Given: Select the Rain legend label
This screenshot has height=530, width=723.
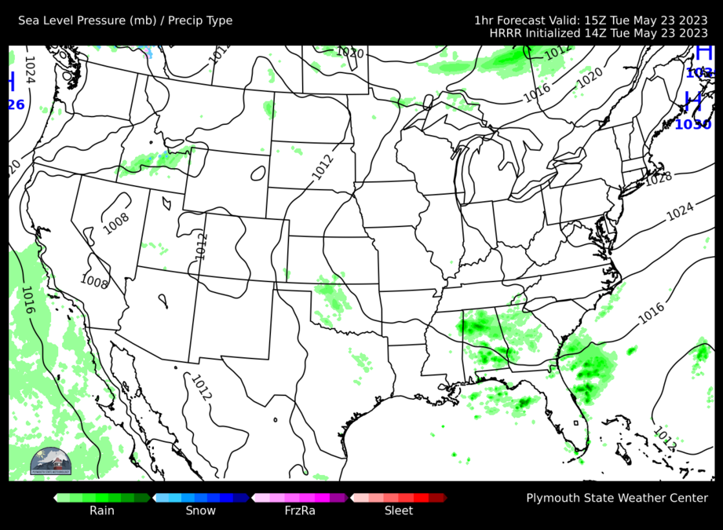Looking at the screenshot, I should tap(101, 510).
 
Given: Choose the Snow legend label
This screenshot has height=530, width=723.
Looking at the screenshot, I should tap(200, 510).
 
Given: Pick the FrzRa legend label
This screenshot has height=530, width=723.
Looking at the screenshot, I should tap(299, 510).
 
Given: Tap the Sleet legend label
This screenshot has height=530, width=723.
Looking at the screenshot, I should tap(399, 510).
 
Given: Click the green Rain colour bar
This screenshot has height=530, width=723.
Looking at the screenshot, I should tap(102, 497).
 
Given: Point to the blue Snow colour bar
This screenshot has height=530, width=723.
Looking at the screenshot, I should tap(201, 497).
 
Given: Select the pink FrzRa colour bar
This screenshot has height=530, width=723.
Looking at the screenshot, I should tap(300, 497).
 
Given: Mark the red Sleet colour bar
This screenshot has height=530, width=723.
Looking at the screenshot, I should tap(399, 497).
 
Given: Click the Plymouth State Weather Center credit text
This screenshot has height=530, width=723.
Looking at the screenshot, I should tap(617, 498).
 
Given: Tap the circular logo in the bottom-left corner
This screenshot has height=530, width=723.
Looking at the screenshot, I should tap(50, 462).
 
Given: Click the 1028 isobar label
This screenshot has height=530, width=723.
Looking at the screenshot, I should tap(658, 178).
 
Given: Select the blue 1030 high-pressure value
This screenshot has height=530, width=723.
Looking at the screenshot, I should tap(692, 124).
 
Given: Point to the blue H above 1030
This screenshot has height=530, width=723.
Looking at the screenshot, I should tap(692, 101).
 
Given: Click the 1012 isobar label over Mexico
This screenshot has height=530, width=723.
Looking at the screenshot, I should tap(201, 387).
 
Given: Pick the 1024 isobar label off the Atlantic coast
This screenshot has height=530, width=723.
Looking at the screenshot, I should tap(680, 210).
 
